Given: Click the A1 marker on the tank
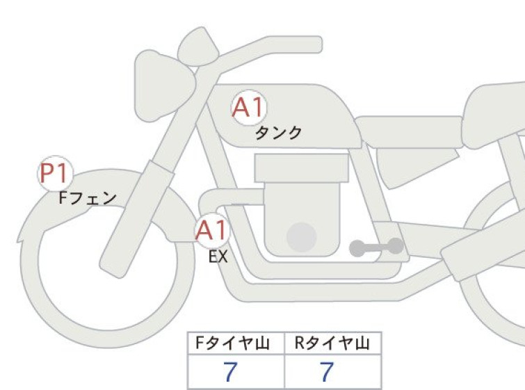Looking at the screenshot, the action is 249,108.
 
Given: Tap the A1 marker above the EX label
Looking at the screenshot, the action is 212,230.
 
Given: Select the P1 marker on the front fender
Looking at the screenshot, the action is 55,173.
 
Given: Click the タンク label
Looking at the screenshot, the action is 278,133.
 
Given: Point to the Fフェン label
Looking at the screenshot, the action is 88,198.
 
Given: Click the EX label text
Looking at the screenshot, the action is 218,257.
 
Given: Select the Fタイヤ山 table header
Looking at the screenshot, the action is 232,343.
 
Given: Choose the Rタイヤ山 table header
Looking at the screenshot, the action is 332,343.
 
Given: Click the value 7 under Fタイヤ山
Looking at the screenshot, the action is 230,371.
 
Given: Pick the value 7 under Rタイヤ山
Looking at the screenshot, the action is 327,371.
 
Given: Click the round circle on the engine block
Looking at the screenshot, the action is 302,237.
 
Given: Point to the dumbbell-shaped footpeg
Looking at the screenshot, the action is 376,247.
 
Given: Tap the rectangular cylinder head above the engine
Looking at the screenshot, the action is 301,168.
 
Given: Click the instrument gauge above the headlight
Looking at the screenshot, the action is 198,47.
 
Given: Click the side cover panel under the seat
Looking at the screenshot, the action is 417,168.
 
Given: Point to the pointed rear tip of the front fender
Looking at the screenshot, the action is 19,240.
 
